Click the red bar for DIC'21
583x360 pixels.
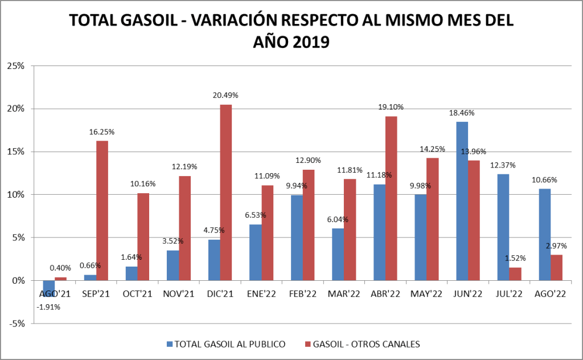[x=226, y=193]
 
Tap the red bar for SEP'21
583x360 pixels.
[x=102, y=211]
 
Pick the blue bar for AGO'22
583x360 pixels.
[x=545, y=235]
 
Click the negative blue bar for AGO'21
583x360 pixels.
[x=49, y=288]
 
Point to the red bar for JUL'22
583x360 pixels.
[x=515, y=274]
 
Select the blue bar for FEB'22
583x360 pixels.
[x=297, y=238]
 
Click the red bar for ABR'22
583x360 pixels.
[x=391, y=198]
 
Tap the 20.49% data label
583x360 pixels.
[x=226, y=96]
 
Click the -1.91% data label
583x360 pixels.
[x=49, y=307]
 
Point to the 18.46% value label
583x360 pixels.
[x=462, y=113]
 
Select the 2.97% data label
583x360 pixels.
[x=556, y=246]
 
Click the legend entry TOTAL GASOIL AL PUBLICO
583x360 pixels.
[x=227, y=343]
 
